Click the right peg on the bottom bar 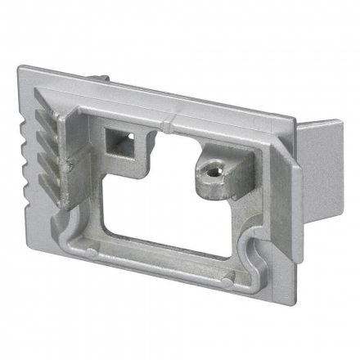tap(226, 281)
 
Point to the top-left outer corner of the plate tap(20, 70)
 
